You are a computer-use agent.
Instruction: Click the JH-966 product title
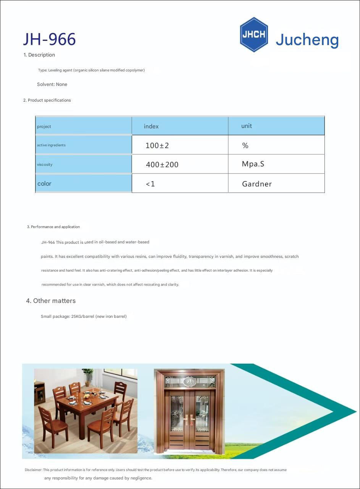point(49,39)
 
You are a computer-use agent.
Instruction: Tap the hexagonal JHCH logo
point(253,34)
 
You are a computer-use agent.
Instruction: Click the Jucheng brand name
point(307,40)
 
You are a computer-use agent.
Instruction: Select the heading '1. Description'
point(39,55)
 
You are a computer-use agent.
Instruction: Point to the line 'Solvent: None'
point(52,84)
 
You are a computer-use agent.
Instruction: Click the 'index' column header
point(151,126)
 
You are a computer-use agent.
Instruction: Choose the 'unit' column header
point(246,126)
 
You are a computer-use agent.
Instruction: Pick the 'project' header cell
point(44,127)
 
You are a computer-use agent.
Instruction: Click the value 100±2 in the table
point(157,146)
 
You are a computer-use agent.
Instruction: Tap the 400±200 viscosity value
point(162,165)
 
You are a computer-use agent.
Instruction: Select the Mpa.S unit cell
point(253,164)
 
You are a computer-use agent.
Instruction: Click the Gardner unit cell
point(257,184)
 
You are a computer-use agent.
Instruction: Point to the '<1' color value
point(150,184)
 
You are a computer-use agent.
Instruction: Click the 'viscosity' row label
point(45,165)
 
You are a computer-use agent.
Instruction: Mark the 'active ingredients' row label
point(51,145)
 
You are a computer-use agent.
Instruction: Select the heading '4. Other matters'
point(51,301)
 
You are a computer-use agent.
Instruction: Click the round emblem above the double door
point(189,381)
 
